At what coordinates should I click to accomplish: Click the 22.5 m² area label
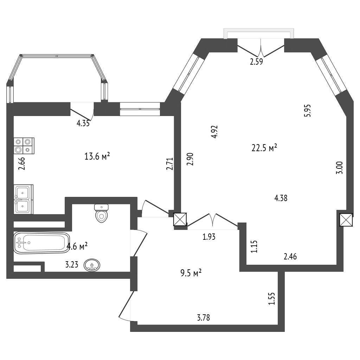click(264, 148)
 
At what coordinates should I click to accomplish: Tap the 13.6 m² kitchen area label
click(97, 156)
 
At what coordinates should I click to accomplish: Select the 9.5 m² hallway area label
click(191, 273)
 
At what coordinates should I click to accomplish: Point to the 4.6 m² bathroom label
click(77, 246)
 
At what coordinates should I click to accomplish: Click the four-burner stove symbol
click(24, 146)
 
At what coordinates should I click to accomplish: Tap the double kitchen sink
click(24, 199)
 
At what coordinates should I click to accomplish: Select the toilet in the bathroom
click(101, 213)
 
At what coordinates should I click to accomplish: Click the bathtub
click(41, 243)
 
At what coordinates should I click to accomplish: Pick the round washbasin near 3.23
click(92, 265)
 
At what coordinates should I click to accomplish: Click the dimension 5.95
click(307, 111)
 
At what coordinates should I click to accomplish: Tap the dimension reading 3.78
click(204, 318)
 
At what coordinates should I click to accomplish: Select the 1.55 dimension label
click(272, 298)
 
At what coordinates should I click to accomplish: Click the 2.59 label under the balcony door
click(256, 62)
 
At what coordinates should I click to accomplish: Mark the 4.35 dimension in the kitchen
click(83, 123)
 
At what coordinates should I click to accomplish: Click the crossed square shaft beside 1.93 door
click(180, 219)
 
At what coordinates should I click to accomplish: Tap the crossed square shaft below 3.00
click(346, 220)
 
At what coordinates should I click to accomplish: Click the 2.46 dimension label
click(290, 256)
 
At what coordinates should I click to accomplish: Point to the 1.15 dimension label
click(254, 246)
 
